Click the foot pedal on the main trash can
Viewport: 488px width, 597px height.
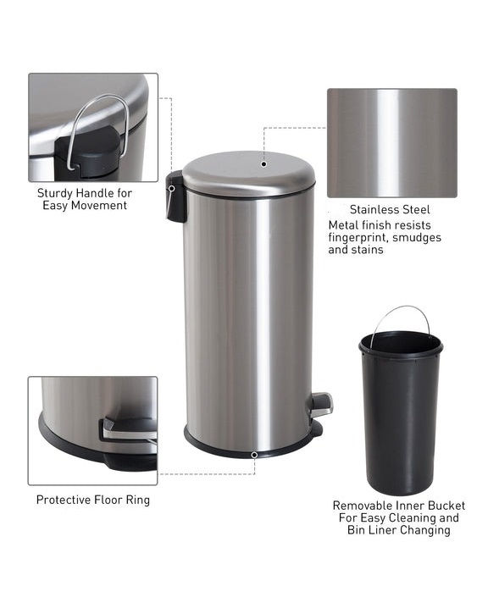click(321, 405)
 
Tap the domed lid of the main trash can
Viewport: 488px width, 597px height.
click(249, 174)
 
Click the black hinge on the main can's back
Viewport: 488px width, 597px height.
click(175, 196)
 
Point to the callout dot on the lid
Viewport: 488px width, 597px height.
click(263, 164)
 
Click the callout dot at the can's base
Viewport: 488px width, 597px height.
click(254, 455)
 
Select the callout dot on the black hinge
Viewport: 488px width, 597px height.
click(172, 189)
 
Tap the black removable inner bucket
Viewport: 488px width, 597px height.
click(401, 413)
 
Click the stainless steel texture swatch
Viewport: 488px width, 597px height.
click(392, 143)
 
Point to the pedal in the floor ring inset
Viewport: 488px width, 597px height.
click(129, 429)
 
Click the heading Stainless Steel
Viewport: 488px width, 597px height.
click(390, 209)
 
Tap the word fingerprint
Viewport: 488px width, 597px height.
click(357, 238)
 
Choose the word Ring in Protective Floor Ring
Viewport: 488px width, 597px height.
click(138, 500)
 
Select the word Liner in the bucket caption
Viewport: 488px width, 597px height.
click(382, 530)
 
